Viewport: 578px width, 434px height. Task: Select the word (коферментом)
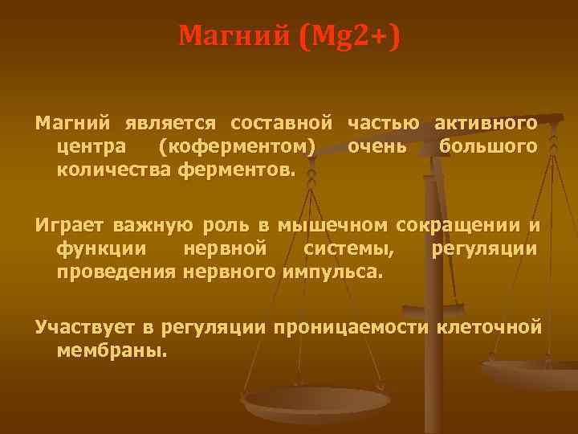[237, 147]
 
